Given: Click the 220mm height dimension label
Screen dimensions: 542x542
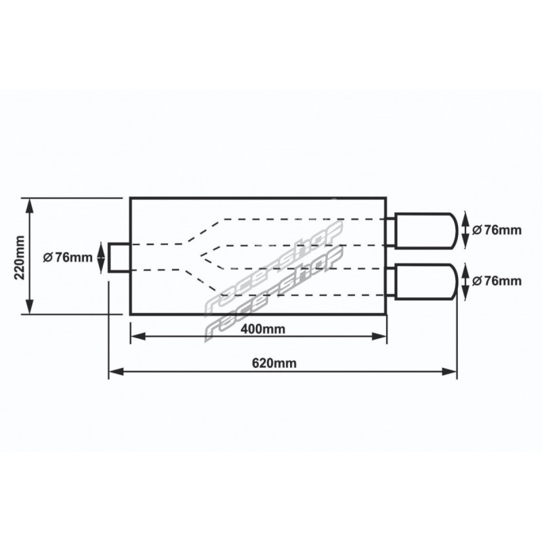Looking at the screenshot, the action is (20, 257).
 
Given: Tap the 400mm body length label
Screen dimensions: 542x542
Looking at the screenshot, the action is (263, 329).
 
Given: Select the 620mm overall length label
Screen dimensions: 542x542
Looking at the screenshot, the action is (274, 363).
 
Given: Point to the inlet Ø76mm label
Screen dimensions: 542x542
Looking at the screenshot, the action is (68, 257).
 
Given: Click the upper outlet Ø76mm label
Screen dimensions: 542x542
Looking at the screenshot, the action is (497, 230).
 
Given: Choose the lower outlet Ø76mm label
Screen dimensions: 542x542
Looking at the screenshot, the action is (497, 281).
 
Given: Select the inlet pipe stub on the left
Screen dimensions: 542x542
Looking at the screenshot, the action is (119, 257).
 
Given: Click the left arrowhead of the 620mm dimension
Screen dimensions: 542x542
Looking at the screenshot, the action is (116, 372).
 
